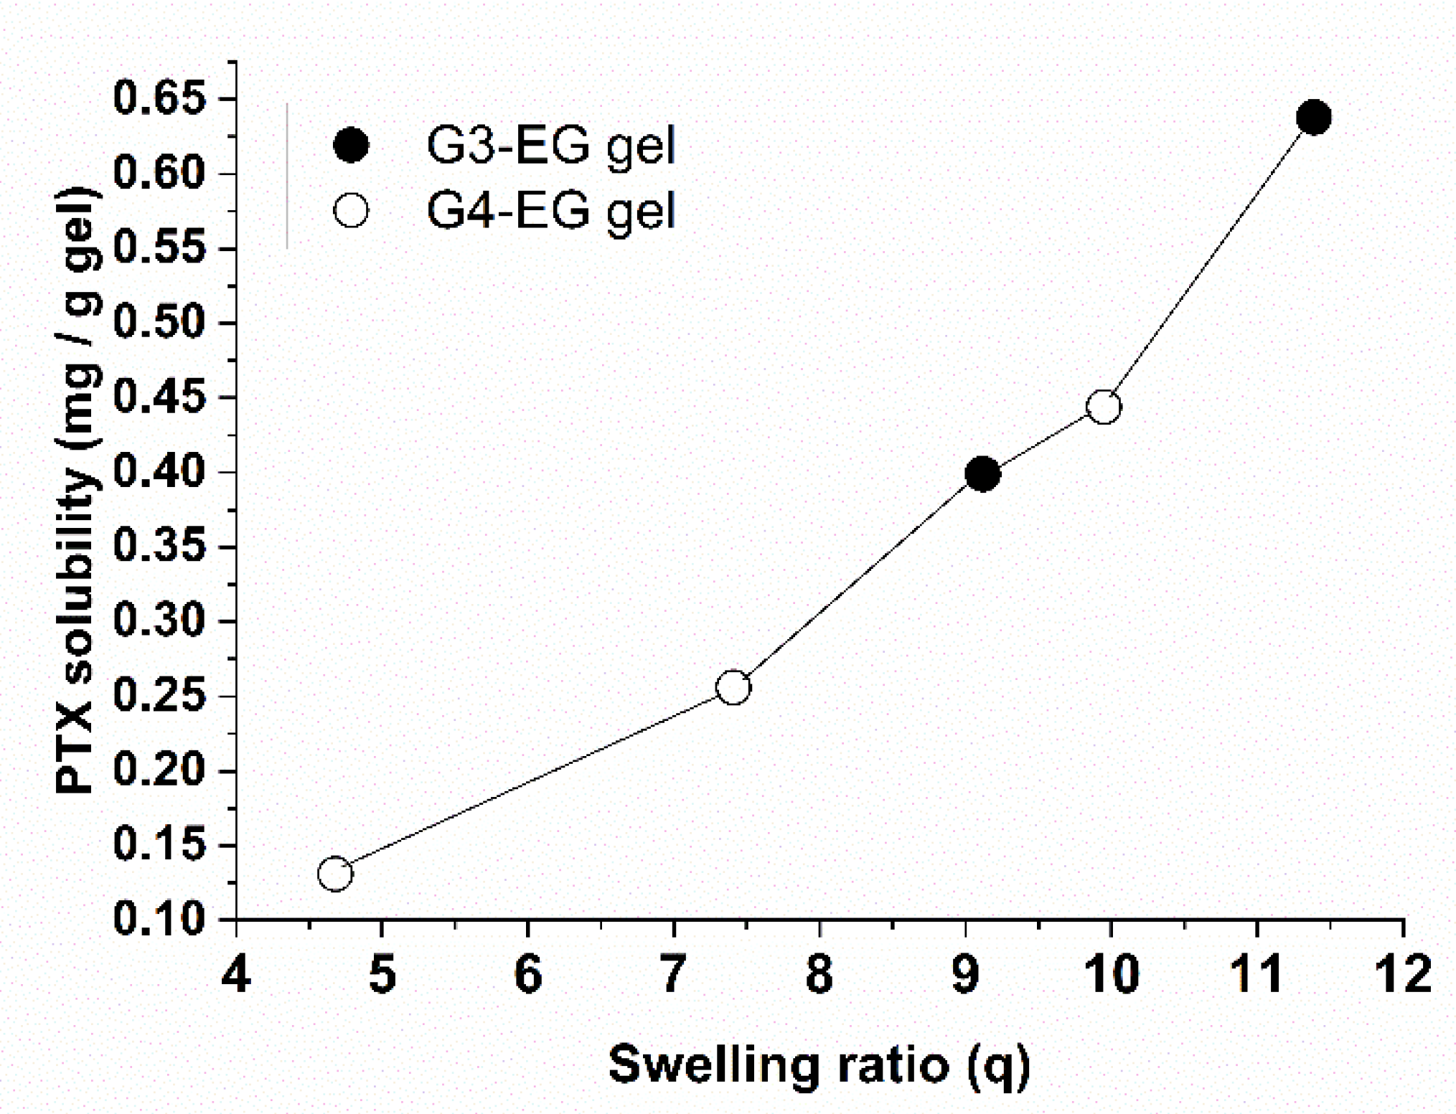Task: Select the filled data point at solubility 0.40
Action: click(x=982, y=474)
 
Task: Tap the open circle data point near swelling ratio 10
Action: click(x=1103, y=407)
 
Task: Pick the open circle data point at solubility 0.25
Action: click(x=733, y=687)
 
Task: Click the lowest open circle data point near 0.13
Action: click(x=335, y=873)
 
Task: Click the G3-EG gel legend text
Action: click(x=550, y=146)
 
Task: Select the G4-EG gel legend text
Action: click(x=550, y=211)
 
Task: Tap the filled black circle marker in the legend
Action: click(x=351, y=146)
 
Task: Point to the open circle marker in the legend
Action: click(x=351, y=211)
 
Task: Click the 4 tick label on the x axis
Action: click(x=236, y=974)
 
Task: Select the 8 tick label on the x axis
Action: click(x=819, y=974)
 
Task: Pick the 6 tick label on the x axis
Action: click(x=527, y=974)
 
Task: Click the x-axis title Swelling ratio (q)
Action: click(x=819, y=1065)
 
